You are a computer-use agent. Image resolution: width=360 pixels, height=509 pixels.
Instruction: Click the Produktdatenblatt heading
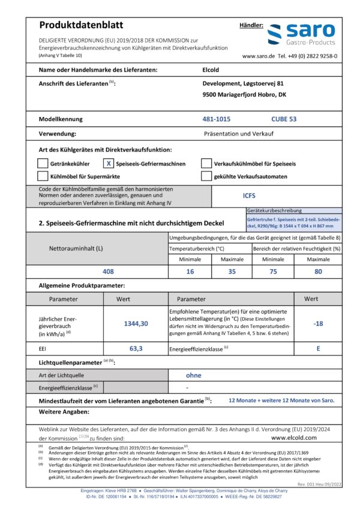point(80,25)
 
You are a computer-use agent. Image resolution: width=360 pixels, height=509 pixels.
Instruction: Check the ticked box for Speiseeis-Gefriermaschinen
point(109,163)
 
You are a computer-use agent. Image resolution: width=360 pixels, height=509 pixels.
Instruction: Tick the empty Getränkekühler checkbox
point(42,163)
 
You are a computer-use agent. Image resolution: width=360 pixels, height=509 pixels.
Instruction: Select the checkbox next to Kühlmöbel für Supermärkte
point(42,176)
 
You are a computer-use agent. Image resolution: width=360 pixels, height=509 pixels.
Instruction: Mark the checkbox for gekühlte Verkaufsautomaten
point(206,176)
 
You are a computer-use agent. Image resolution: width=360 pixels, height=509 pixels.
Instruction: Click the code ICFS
point(249,195)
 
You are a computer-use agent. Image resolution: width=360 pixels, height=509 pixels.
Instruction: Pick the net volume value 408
point(108,271)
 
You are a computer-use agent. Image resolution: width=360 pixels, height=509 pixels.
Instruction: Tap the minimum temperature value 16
point(191,271)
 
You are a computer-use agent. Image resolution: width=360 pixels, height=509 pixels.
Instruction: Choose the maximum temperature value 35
point(232,271)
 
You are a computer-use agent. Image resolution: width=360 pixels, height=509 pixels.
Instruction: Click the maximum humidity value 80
point(319,271)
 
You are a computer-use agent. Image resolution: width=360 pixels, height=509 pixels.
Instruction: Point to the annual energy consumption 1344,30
point(136,323)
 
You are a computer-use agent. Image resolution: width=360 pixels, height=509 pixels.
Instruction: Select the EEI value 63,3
point(136,348)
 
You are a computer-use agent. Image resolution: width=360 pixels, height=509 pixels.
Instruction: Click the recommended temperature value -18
point(319,323)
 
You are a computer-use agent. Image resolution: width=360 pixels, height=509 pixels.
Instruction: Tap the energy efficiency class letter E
point(319,348)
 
